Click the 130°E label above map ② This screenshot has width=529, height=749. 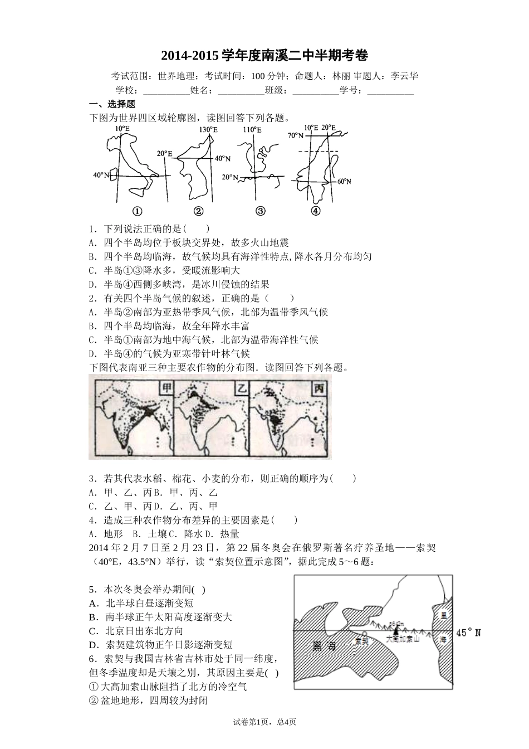(208, 129)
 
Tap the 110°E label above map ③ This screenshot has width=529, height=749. (252, 129)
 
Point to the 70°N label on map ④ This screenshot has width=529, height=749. (296, 135)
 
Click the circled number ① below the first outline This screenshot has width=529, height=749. (137, 211)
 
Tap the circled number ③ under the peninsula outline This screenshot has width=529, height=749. (260, 211)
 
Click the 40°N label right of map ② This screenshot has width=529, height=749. (223, 158)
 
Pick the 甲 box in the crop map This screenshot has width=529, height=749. (165, 388)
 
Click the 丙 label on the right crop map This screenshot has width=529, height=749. (319, 388)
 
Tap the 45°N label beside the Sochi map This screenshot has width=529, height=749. (468, 633)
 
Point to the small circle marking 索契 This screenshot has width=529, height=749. (364, 634)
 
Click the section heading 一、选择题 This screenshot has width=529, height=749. (112, 104)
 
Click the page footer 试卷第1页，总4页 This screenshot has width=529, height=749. (264, 722)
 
